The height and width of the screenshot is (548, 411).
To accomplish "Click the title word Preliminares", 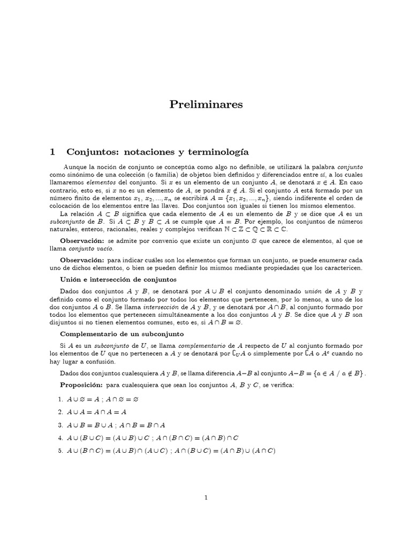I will pyautogui.click(x=205, y=105).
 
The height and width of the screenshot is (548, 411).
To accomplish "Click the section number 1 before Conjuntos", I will pyautogui.click(x=52, y=152).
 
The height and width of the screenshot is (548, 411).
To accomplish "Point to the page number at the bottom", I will pyautogui.click(x=205, y=498).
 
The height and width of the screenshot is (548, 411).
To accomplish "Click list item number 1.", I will pyautogui.click(x=61, y=399).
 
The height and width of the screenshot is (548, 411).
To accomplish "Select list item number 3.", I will pyautogui.click(x=61, y=425).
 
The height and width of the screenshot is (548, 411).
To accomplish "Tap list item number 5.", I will pyautogui.click(x=61, y=451).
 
